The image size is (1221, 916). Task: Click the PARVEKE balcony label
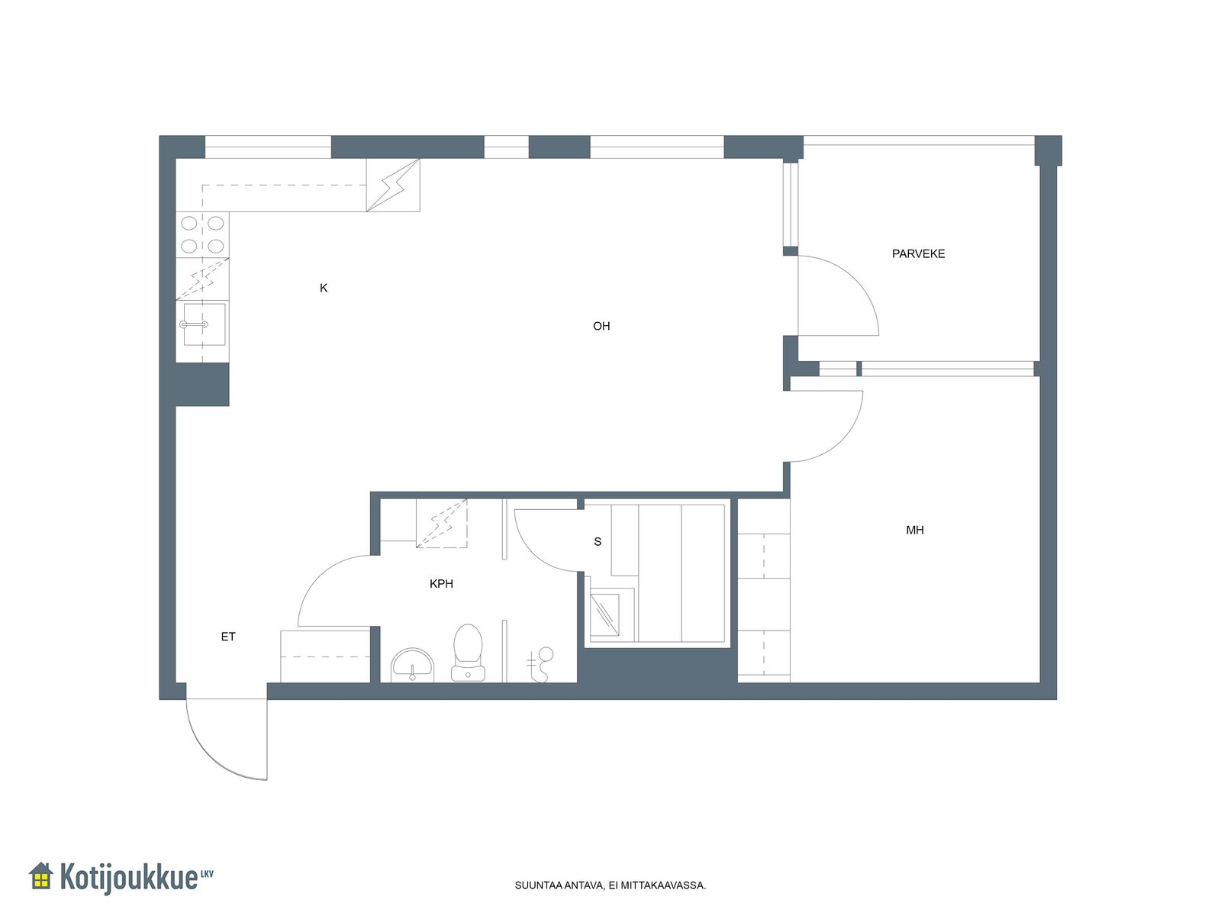tap(918, 253)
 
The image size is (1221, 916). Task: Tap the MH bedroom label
tap(914, 530)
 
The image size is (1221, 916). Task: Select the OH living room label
tap(601, 326)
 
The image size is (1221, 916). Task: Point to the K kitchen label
tap(324, 288)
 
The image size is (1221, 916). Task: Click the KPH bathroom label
tap(441, 583)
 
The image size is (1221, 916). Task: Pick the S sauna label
tap(598, 541)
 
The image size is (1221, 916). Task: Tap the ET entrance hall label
tap(228, 637)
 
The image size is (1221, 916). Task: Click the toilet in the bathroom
tap(468, 653)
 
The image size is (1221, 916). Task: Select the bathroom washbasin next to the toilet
tap(412, 665)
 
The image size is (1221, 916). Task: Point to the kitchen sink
tap(205, 324)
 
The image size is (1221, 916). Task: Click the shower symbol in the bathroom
tap(540, 664)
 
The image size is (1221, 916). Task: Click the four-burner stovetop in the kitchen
tap(202, 234)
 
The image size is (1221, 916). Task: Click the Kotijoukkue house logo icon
tap(41, 876)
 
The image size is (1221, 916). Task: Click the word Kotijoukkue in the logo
tap(128, 878)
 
